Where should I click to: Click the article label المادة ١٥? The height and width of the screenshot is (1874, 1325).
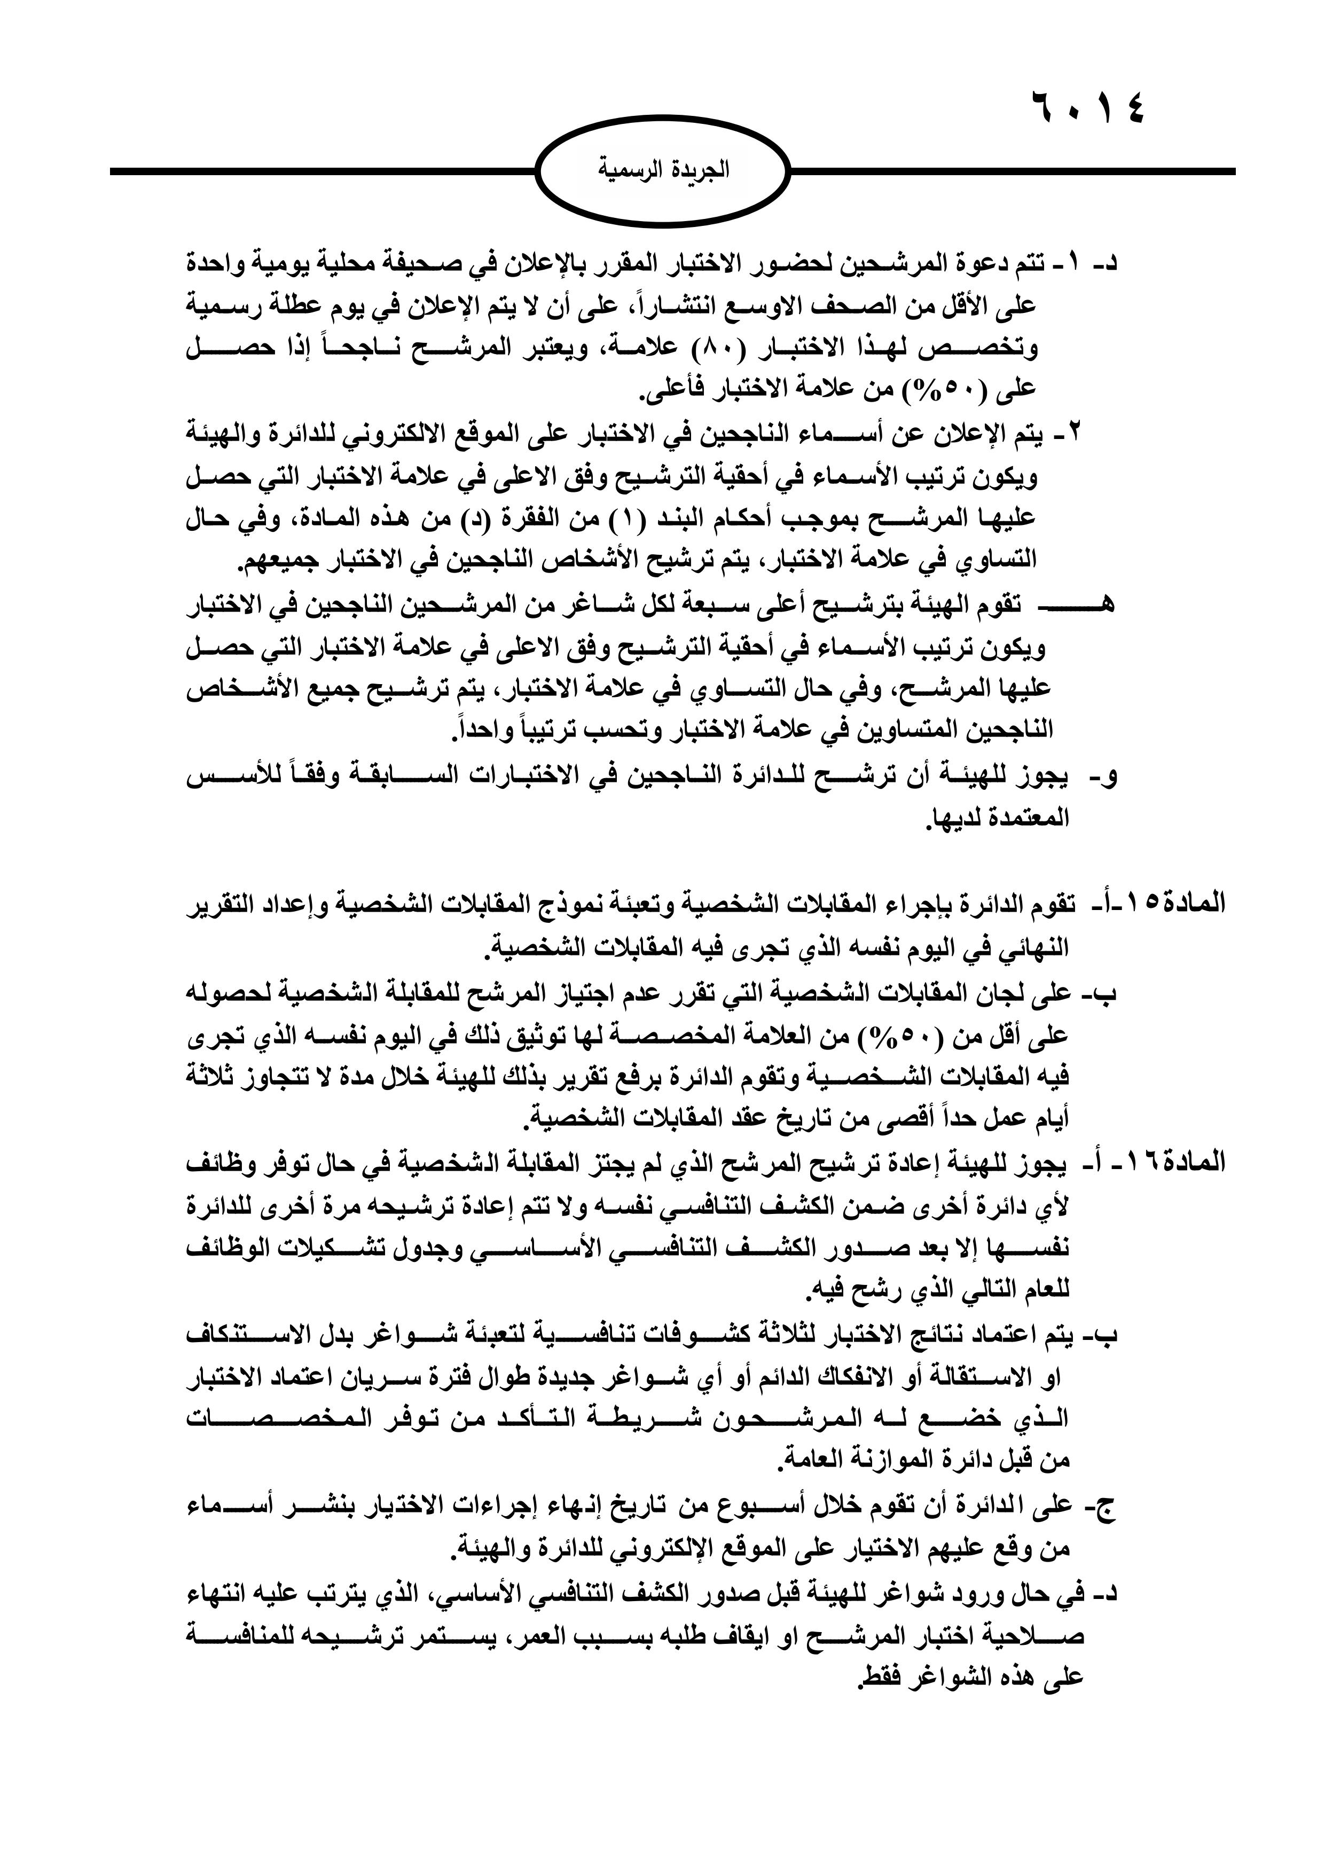pos(1175,904)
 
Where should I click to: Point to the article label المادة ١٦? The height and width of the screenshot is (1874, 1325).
pos(1175,1162)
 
